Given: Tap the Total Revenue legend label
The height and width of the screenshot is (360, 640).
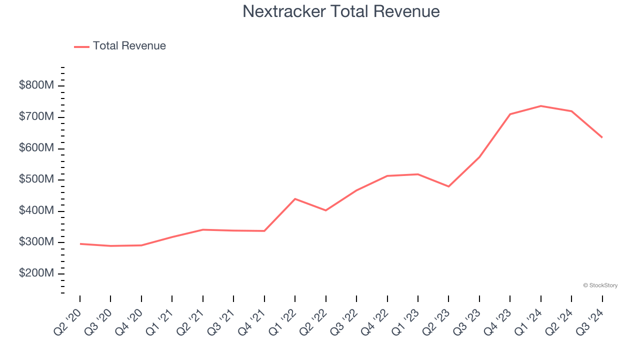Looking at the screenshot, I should [x=129, y=46].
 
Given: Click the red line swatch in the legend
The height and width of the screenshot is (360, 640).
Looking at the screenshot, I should [x=81, y=46].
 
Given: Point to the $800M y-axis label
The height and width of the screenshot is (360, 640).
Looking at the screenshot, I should [x=36, y=85].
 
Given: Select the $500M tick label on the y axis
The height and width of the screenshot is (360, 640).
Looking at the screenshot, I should [x=36, y=179].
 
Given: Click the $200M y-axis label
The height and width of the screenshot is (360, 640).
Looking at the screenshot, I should [x=36, y=273].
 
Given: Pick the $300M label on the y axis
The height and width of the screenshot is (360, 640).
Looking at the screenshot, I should [x=36, y=242].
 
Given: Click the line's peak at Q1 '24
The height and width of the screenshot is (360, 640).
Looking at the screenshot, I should [x=540, y=106].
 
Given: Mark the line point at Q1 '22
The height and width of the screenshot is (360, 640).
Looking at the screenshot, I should [x=295, y=199].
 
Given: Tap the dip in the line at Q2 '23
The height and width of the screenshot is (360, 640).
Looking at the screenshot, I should [x=448, y=186].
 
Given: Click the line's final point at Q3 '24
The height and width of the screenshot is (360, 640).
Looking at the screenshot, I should [x=602, y=137].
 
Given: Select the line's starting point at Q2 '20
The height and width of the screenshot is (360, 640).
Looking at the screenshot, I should [x=80, y=244].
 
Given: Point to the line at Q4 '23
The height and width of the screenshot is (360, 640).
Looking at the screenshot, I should [x=510, y=114].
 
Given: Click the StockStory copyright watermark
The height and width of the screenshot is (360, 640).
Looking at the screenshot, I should [x=600, y=285].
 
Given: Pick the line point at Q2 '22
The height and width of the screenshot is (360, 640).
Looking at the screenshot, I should [x=326, y=210].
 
